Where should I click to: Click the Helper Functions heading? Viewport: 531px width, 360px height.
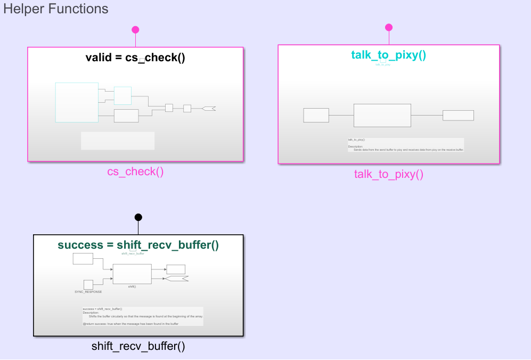coord(56,9)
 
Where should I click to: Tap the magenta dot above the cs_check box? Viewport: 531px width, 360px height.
coord(135,30)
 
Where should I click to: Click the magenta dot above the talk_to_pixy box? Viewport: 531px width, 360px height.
coord(389,28)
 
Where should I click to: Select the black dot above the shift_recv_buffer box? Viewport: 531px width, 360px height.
coord(138,217)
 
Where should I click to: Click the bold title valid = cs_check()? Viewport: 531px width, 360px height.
coord(135,58)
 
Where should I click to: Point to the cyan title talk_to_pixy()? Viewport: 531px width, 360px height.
coord(389,55)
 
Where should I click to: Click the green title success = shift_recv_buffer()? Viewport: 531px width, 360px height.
coord(138,245)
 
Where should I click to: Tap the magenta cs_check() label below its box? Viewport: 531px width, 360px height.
coord(135,171)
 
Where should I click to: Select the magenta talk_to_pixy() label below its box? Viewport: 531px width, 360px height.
coord(389,174)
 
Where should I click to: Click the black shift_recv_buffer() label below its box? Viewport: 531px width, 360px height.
coord(138,346)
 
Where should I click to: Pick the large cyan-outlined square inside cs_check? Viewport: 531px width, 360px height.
coord(77,102)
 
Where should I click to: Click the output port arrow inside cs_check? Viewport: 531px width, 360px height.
coord(209,109)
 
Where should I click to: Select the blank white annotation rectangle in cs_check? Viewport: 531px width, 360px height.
coord(118,141)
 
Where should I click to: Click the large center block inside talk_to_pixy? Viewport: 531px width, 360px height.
coord(382,115)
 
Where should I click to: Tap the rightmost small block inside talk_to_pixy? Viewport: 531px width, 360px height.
coord(458,115)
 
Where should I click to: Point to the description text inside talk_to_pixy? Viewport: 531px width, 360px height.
coord(405,145)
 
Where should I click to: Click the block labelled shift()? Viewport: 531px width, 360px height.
coord(132,274)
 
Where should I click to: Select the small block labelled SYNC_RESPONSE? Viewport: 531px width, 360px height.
coord(88,284)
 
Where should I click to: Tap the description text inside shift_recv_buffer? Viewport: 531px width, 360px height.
coord(143,316)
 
